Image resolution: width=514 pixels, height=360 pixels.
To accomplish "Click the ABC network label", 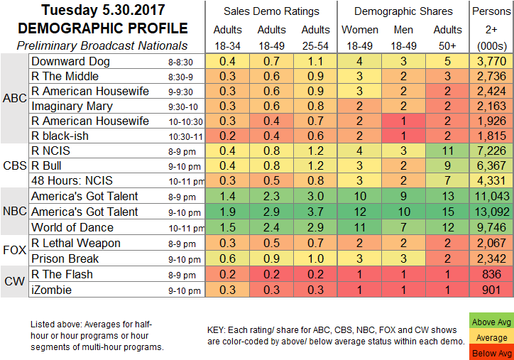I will tap(14, 99).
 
